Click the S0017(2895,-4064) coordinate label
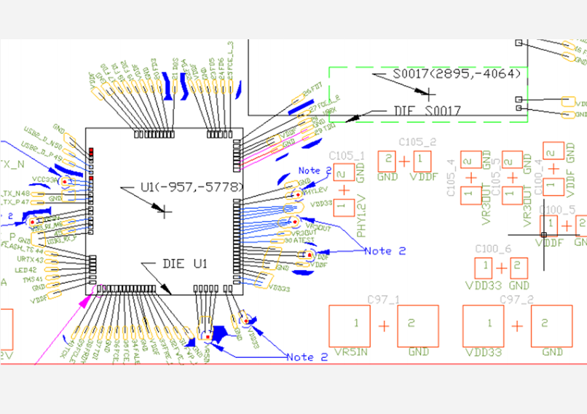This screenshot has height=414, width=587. click(x=457, y=74)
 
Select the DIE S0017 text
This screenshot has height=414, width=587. click(x=428, y=111)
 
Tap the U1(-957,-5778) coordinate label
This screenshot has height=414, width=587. click(x=192, y=188)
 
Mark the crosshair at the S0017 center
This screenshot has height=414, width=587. click(x=430, y=93)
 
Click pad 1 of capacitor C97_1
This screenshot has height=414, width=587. click(x=355, y=325)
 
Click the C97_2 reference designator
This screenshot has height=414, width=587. click(x=516, y=299)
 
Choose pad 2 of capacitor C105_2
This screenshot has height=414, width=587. click(x=389, y=159)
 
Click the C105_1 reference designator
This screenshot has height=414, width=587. click(x=347, y=155)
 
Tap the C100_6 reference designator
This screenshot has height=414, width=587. click(x=493, y=249)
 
